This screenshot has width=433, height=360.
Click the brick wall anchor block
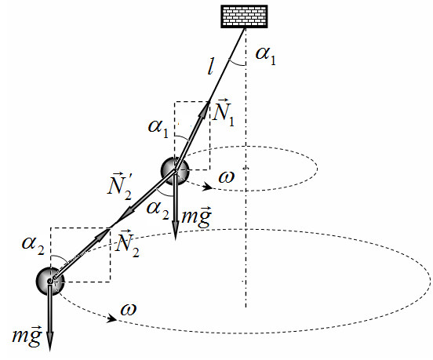coord(244,16)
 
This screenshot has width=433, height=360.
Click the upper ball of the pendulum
coord(175,171)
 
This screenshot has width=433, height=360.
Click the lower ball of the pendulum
coord(50,282)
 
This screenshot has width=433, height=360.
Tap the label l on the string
coord(210,66)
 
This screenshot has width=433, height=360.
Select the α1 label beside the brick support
coord(266,55)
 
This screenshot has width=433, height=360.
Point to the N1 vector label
coord(224,113)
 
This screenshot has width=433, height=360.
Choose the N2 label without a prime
coord(127,244)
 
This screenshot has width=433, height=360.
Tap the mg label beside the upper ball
coord(197,216)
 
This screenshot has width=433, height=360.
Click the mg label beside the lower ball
coord(27,335)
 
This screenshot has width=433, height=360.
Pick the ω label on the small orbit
coord(227,176)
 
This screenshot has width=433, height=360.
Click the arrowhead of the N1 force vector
coord(206,110)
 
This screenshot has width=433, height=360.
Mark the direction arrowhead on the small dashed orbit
coord(207,187)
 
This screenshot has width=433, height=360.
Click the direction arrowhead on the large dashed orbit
coord(111,318)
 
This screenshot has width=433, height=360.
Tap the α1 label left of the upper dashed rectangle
coord(158,128)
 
